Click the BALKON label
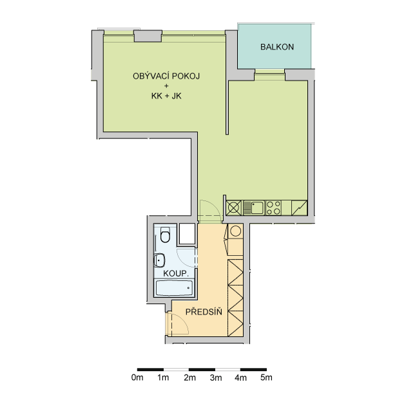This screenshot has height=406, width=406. (x=277, y=47)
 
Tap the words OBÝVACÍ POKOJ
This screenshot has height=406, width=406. (x=166, y=76)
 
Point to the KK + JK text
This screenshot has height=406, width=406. (x=166, y=96)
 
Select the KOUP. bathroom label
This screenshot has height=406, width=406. (x=175, y=273)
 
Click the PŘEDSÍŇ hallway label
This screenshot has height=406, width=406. (x=204, y=311)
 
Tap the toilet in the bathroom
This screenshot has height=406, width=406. (x=165, y=235)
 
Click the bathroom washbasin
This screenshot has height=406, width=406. (x=159, y=260)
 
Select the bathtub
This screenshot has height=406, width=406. (x=174, y=288)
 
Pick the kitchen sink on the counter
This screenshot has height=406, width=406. (x=253, y=208)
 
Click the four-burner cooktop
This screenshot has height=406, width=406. (x=273, y=208)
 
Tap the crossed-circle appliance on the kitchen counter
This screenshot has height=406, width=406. (x=234, y=208)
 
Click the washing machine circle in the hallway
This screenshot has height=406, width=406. (x=235, y=231)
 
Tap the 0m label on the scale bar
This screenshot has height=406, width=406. (x=137, y=377)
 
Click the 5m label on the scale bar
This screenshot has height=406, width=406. (x=266, y=377)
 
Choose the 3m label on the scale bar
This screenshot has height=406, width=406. (x=216, y=378)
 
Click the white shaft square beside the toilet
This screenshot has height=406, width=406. (x=187, y=233)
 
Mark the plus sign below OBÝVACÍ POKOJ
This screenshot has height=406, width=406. (x=166, y=86)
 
